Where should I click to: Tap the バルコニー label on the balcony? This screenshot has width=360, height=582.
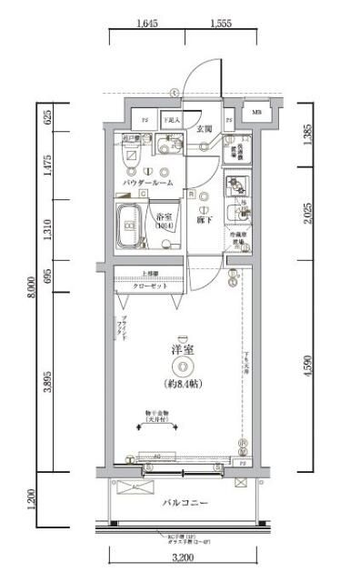(185, 502)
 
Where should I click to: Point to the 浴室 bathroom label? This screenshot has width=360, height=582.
(165, 217)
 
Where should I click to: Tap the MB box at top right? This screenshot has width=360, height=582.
(256, 113)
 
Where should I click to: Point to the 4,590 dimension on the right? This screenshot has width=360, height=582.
(309, 368)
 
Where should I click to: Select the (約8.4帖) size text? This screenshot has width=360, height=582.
(184, 384)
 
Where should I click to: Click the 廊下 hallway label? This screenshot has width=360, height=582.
(205, 217)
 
